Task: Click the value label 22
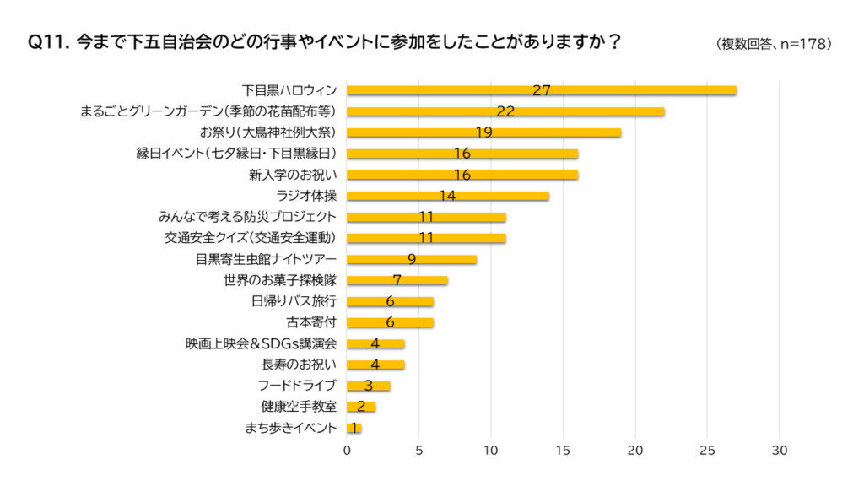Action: click(505, 111)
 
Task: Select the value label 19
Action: click(483, 132)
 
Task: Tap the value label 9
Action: click(412, 259)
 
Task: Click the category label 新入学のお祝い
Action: click(293, 175)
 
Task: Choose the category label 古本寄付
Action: click(312, 322)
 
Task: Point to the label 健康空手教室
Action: click(299, 407)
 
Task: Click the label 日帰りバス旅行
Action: click(294, 301)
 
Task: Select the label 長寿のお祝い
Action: click(300, 364)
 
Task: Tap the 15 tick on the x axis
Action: click(564, 451)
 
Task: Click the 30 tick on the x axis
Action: click(780, 451)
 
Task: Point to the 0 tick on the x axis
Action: click(347, 451)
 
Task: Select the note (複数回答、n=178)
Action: click(773, 43)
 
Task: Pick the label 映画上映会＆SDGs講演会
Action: click(262, 343)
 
